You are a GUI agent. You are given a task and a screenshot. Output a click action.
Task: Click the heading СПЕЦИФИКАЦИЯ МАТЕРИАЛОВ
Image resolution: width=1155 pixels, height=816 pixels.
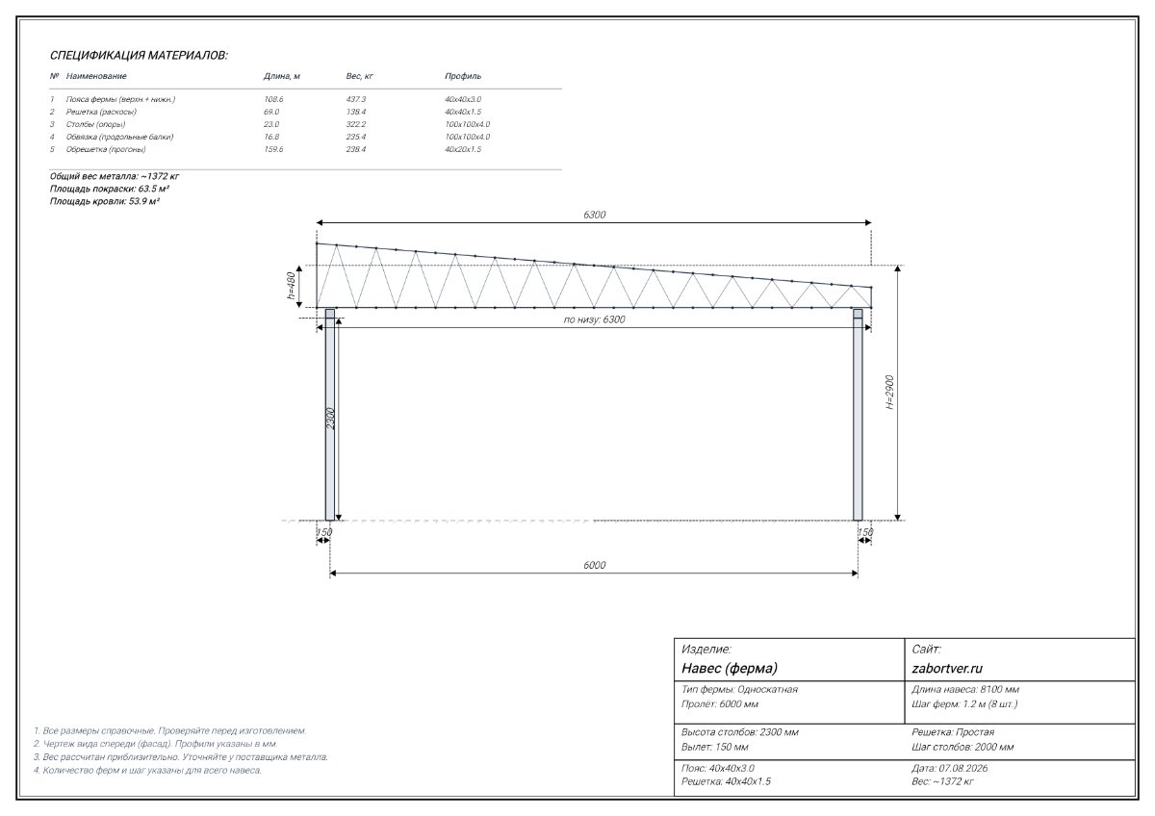tap(139, 56)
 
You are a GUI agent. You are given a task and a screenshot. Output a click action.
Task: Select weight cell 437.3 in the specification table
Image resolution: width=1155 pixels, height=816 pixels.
tap(356, 99)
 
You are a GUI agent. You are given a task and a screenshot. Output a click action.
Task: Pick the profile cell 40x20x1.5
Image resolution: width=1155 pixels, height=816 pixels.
tap(463, 149)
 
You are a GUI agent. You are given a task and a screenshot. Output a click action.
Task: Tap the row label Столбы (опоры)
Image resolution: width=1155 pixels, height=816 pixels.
tap(95, 124)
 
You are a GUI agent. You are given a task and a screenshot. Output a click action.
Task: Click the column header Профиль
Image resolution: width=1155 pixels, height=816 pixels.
tap(463, 76)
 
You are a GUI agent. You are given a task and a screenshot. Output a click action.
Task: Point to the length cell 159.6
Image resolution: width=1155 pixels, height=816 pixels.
tap(273, 149)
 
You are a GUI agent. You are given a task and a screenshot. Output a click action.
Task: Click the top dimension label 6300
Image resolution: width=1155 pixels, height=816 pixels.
tap(594, 215)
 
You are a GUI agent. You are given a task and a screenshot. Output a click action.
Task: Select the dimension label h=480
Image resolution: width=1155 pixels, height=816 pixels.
tap(292, 287)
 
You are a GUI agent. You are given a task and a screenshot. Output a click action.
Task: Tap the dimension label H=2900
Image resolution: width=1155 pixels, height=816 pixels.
tap(889, 393)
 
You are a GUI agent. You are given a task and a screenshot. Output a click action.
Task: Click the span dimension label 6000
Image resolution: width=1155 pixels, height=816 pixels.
tap(594, 565)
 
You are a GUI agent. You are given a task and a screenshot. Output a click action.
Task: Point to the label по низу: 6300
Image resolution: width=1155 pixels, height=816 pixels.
tap(594, 319)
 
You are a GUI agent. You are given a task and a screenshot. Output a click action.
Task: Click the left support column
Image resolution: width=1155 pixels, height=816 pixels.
tap(330, 415)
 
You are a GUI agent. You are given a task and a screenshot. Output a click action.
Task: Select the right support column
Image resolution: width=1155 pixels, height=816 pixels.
tap(858, 415)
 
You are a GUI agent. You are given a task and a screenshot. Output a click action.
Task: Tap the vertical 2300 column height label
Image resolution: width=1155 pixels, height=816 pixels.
tap(331, 419)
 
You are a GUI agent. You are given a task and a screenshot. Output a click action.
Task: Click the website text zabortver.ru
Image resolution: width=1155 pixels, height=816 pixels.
tap(947, 669)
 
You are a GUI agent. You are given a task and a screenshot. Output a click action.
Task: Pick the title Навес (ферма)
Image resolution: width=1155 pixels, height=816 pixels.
tap(730, 669)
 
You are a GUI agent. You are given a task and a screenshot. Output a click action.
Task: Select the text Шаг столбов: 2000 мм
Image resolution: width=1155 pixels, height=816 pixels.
tap(962, 747)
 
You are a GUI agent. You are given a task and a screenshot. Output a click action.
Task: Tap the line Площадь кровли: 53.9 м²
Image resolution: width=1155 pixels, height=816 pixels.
tap(105, 201)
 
